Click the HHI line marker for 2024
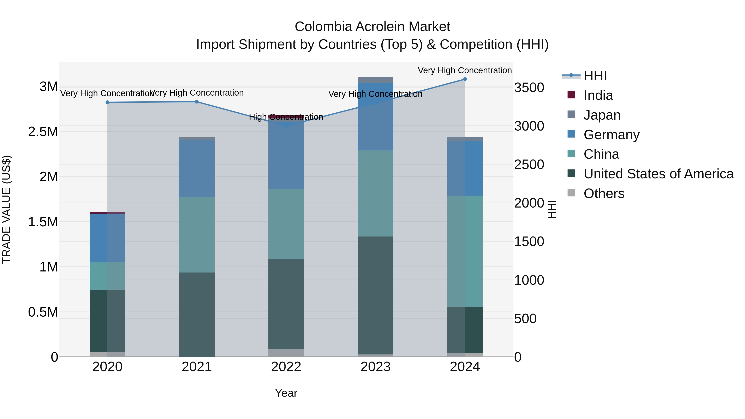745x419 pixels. coord(465,79)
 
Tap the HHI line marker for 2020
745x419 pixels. coord(107,102)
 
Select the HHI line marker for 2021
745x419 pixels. coord(197,102)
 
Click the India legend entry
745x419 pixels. coord(598,95)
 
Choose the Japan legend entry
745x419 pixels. coord(602,115)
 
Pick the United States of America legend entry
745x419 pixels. coord(658,174)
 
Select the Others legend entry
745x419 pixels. coord(604,193)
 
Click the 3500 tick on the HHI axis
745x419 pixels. coord(529,88)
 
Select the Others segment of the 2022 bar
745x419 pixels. coord(286,353)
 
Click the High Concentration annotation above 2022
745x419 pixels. coord(286,117)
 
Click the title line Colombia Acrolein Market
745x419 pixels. coord(372,27)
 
